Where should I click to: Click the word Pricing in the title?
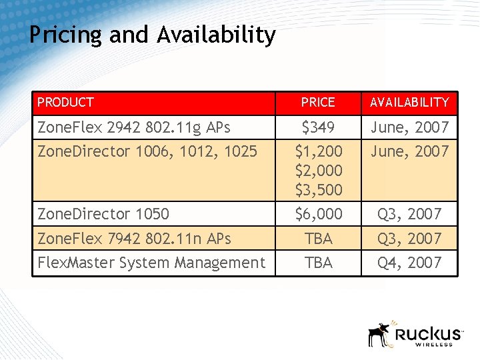[x=65, y=35]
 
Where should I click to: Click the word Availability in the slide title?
[x=216, y=35]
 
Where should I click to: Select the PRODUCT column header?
[x=66, y=103]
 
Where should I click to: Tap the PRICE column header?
[x=318, y=103]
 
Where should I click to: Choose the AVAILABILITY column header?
[x=409, y=103]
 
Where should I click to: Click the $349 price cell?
[x=318, y=127]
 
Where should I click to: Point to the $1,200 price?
[x=318, y=151]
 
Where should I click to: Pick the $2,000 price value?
[x=318, y=171]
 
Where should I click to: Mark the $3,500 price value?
[x=318, y=190]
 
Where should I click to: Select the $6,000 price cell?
[x=318, y=214]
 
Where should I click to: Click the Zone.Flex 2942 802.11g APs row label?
[x=134, y=127]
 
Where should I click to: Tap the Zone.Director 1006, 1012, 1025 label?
[x=147, y=151]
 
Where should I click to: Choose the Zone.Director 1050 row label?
[x=103, y=214]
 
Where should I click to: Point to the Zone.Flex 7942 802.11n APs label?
[x=134, y=239]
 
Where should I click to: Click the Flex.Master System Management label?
[x=151, y=263]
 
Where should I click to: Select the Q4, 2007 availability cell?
[x=409, y=263]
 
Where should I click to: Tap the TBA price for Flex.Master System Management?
[x=318, y=263]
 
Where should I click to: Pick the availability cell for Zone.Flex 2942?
[x=409, y=127]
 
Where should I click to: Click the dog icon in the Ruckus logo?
[x=379, y=334]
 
